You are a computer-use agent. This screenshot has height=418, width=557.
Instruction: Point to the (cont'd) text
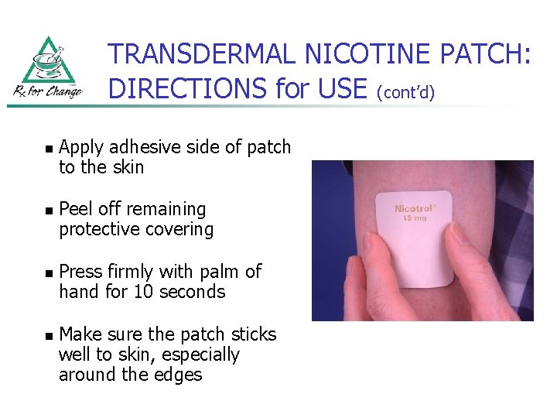[x=406, y=93]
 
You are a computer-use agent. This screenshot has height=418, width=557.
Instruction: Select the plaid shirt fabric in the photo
[x=511, y=217]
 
